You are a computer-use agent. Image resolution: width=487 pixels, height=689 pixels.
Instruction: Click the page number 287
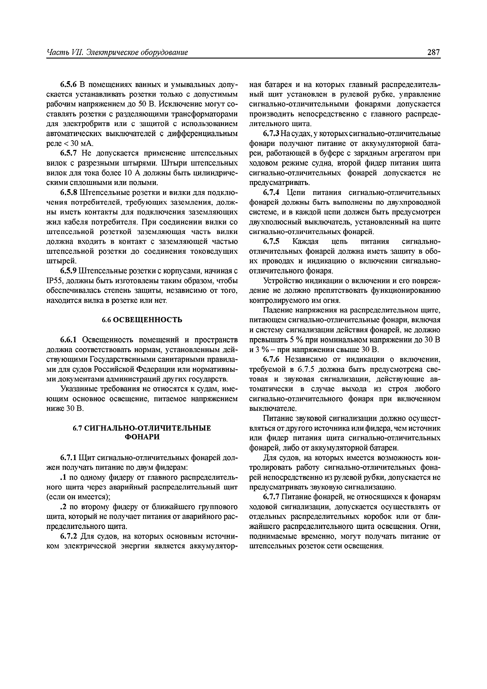pos(433,52)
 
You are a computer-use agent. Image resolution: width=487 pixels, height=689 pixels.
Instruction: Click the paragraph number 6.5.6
pos(69,85)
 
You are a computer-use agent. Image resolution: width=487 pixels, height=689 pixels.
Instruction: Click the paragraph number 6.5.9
pos(69,271)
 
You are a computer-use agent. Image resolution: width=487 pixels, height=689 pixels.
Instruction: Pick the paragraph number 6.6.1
pos(69,340)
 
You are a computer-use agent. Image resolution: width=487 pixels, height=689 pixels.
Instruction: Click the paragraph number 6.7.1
pos(69,458)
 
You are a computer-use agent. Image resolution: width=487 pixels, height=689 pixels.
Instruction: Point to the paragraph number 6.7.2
pos(69,536)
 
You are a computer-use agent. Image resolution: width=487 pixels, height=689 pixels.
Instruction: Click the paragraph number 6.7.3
pos(271,134)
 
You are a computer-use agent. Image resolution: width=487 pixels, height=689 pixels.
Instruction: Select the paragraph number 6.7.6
pos(271,359)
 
